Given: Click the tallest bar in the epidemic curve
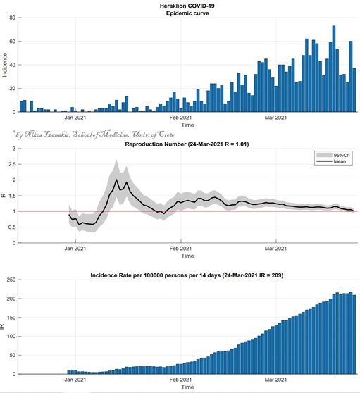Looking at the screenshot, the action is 334,69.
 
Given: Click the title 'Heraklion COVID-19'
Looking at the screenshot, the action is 187,6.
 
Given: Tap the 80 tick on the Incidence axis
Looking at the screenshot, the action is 13,18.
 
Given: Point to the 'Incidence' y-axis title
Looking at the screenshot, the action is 4,65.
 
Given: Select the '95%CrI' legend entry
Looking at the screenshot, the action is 333,155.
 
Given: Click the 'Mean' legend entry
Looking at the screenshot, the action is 333,161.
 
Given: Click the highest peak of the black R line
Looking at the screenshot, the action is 116,180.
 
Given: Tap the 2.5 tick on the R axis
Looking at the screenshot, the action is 12,164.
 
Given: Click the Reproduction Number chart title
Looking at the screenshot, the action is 187,144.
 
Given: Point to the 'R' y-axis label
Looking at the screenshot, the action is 4,196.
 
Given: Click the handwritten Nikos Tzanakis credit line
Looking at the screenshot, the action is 94,135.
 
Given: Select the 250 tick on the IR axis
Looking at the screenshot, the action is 11,280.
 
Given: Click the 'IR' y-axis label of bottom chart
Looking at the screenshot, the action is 3,326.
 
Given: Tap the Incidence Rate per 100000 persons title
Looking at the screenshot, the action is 187,275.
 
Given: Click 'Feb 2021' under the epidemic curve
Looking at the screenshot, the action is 180,118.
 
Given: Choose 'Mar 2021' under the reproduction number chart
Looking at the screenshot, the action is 275,249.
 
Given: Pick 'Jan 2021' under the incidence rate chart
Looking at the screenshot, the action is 75,380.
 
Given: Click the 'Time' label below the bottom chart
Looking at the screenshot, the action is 187,387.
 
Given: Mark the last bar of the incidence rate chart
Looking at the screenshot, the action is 354,335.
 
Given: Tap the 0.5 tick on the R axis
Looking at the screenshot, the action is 12,227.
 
